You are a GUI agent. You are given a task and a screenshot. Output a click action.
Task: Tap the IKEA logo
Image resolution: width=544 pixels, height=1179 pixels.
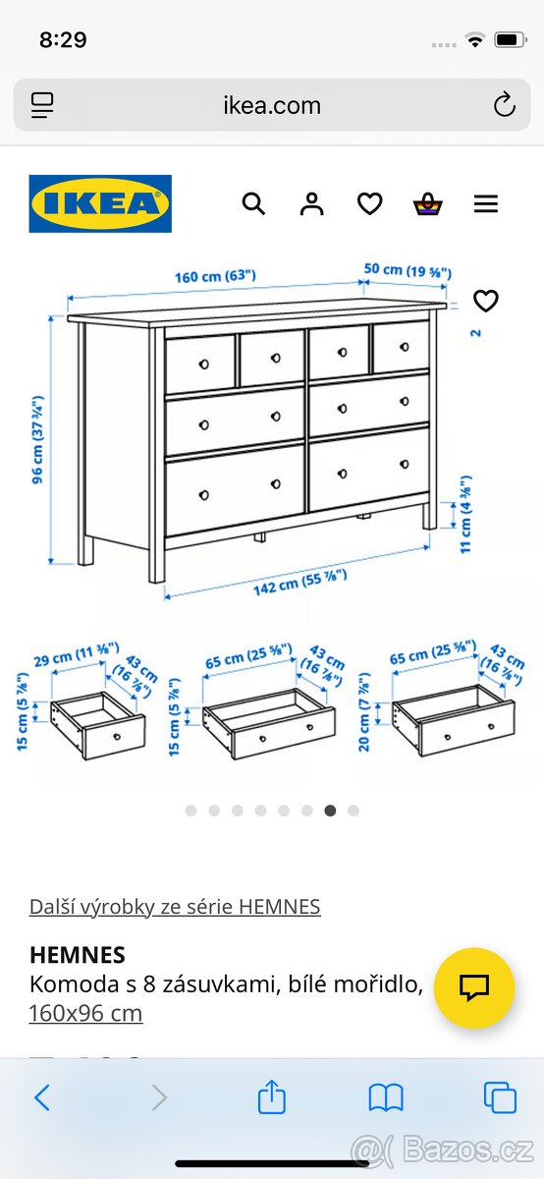(100, 203)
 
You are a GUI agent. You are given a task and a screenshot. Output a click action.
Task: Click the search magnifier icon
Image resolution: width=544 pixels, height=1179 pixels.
(253, 203)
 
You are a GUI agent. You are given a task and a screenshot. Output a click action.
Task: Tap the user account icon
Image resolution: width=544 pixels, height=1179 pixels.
(312, 203)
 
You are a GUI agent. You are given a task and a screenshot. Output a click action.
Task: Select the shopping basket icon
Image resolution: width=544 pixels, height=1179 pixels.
(427, 204)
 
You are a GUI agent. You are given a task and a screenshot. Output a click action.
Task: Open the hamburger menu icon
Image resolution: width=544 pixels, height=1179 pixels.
(485, 203)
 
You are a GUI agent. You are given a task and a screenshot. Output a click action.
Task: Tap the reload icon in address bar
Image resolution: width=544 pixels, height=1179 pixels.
(504, 105)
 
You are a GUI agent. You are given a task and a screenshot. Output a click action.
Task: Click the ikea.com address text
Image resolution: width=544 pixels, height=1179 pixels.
(272, 105)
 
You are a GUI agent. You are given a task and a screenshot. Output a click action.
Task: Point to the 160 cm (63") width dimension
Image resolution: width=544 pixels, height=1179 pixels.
(215, 276)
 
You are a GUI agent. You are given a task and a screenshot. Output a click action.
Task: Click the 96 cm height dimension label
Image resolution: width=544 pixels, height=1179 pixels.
(38, 439)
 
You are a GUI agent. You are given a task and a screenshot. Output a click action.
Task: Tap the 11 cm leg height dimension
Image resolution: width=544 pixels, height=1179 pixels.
(466, 516)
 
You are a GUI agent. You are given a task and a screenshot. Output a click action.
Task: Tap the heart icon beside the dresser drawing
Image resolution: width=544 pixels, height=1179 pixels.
(485, 301)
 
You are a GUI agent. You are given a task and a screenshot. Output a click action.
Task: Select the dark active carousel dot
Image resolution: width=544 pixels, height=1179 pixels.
(330, 811)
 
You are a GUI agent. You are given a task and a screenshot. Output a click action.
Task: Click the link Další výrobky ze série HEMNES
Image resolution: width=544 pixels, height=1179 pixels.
(175, 906)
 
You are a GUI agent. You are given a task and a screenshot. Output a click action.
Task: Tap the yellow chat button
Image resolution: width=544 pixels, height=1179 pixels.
(474, 987)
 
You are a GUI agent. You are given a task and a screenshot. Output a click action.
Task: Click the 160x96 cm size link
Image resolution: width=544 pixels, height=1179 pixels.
(85, 1013)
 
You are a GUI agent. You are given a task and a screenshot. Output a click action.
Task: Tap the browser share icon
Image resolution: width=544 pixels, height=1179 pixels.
(272, 1096)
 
